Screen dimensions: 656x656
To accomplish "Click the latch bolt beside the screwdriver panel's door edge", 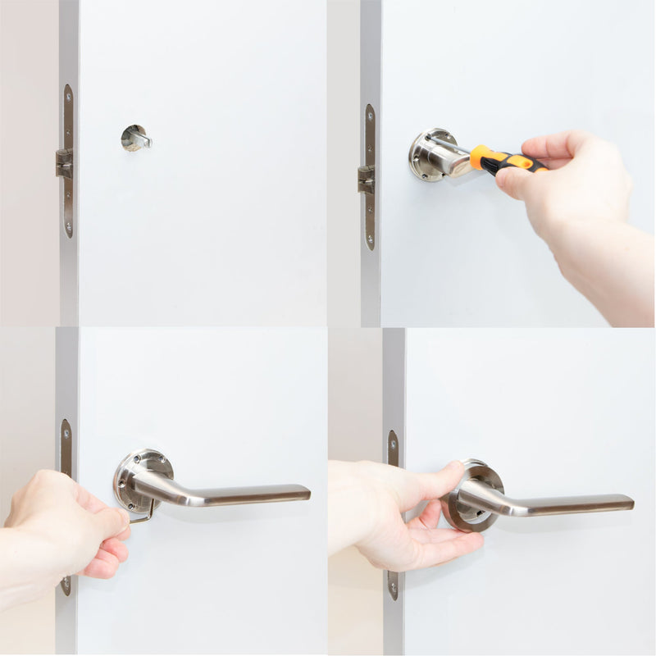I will (365, 179).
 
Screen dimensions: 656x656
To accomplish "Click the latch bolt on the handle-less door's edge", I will (63, 162).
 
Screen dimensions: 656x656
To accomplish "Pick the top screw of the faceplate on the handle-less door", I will (68, 93).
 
